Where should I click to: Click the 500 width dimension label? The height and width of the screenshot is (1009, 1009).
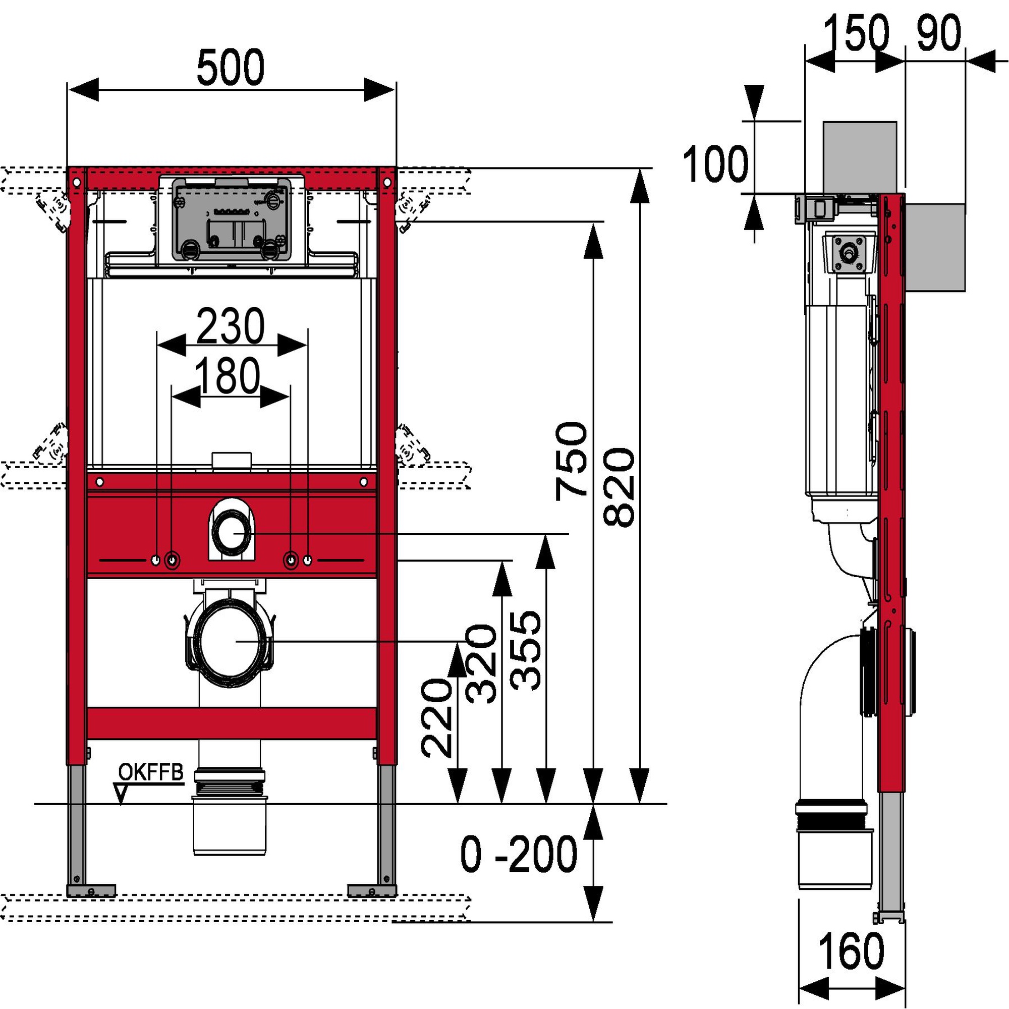click(x=231, y=68)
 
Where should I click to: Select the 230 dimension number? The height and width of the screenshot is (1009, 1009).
click(x=231, y=326)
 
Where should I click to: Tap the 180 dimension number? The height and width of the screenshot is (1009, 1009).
click(x=227, y=376)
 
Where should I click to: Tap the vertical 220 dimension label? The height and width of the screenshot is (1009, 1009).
click(x=437, y=718)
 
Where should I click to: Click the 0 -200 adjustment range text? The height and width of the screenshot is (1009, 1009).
click(x=519, y=855)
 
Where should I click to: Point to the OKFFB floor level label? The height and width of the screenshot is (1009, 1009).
click(x=151, y=772)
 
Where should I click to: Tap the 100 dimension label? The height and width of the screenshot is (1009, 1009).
click(x=715, y=164)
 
